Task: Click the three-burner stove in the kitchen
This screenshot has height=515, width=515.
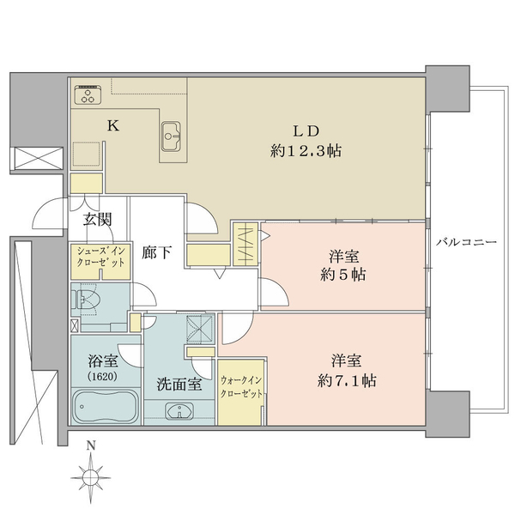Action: pyautogui.click(x=88, y=95)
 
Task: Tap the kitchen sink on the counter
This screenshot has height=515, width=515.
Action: pyautogui.click(x=171, y=136)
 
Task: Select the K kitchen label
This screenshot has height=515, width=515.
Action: pyautogui.click(x=113, y=125)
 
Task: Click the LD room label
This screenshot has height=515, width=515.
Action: pyautogui.click(x=306, y=131)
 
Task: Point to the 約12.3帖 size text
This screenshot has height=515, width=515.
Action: pyautogui.click(x=306, y=151)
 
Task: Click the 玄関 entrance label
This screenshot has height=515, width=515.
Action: pyautogui.click(x=98, y=220)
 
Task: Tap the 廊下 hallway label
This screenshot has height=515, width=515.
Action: pyautogui.click(x=156, y=252)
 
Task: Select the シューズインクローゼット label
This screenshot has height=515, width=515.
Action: pyautogui.click(x=100, y=257)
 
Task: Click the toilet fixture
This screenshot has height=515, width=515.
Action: pyautogui.click(x=85, y=299)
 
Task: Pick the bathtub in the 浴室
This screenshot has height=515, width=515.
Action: pyautogui.click(x=106, y=406)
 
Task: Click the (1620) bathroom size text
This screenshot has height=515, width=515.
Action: pyautogui.click(x=102, y=377)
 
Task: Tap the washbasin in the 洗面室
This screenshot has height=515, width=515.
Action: pyautogui.click(x=179, y=410)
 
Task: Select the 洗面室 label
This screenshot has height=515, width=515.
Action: pyautogui.click(x=179, y=384)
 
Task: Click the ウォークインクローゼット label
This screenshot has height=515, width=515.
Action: pyautogui.click(x=241, y=387)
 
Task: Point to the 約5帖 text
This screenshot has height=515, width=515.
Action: pyautogui.click(x=343, y=275)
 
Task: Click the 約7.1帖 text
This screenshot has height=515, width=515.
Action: pyautogui.click(x=347, y=381)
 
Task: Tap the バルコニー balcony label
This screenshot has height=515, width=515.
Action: pyautogui.click(x=466, y=242)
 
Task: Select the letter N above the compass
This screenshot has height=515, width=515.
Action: pyautogui.click(x=91, y=446)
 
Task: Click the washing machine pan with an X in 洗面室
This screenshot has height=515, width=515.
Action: pyautogui.click(x=200, y=329)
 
